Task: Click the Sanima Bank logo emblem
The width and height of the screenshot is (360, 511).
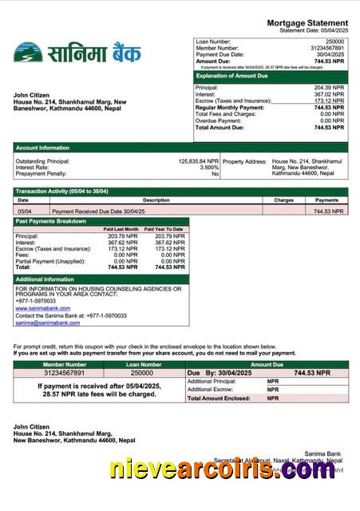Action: (x=28, y=53)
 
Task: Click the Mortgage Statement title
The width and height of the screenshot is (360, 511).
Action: (x=307, y=22)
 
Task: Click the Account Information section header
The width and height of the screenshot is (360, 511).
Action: (x=42, y=148)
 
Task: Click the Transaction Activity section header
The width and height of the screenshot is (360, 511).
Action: (x=62, y=192)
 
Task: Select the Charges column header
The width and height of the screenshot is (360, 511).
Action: (x=284, y=200)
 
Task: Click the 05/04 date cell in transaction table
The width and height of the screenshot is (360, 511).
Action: (x=25, y=212)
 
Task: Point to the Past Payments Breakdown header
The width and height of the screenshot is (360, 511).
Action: (x=51, y=220)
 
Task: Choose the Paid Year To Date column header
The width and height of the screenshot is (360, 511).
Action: (x=168, y=229)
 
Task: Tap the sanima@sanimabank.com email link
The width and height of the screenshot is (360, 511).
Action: (x=47, y=323)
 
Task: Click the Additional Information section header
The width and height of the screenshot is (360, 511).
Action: (x=45, y=279)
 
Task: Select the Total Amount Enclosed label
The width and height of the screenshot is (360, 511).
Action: (x=222, y=398)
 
